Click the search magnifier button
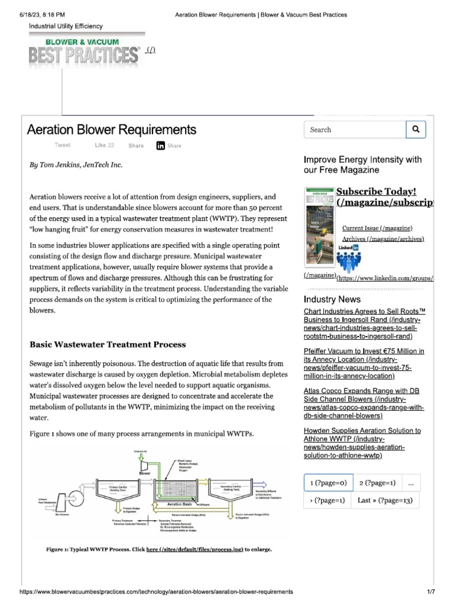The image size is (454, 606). (x=416, y=130)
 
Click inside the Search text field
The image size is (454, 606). (x=355, y=130)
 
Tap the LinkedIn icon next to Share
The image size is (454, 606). (x=161, y=146)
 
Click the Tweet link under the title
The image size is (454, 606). (x=62, y=145)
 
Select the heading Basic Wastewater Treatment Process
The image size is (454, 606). (x=108, y=344)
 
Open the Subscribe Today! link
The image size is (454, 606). (x=377, y=192)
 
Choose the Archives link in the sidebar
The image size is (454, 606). (x=384, y=238)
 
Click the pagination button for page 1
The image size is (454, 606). (x=328, y=483)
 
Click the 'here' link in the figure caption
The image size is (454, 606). (x=152, y=550)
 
